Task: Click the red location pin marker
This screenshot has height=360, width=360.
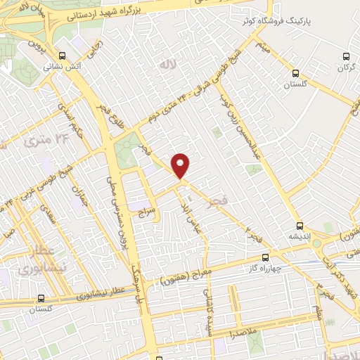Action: [x=181, y=165]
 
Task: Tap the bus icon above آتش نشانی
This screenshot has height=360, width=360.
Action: [x=63, y=56]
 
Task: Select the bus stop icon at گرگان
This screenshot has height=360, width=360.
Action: [x=345, y=56]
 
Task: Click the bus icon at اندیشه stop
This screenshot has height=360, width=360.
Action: [x=300, y=226]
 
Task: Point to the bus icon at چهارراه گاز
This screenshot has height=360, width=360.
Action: [x=265, y=257]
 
